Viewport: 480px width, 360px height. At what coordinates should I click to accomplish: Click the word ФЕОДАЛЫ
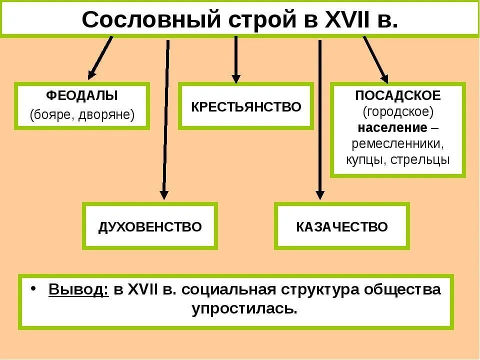pyautogui.click(x=82, y=95)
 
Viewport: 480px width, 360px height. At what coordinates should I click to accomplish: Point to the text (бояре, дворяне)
pyautogui.click(x=82, y=114)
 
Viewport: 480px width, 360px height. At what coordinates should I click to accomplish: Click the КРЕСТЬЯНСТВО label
pyautogui.click(x=246, y=106)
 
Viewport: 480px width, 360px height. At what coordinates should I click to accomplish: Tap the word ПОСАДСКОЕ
pyautogui.click(x=398, y=95)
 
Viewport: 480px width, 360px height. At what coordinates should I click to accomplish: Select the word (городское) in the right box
pyautogui.click(x=398, y=110)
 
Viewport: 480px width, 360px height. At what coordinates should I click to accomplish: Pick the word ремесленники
pyautogui.click(x=398, y=143)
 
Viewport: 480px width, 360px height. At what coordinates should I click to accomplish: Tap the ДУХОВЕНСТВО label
pyautogui.click(x=150, y=227)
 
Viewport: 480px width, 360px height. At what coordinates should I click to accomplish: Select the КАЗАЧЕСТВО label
pyautogui.click(x=342, y=227)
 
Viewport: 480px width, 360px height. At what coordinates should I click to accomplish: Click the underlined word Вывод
pyautogui.click(x=78, y=289)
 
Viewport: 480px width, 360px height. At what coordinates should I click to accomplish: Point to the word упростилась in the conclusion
pyautogui.click(x=244, y=308)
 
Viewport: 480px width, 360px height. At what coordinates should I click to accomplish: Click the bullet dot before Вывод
pyautogui.click(x=32, y=289)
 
